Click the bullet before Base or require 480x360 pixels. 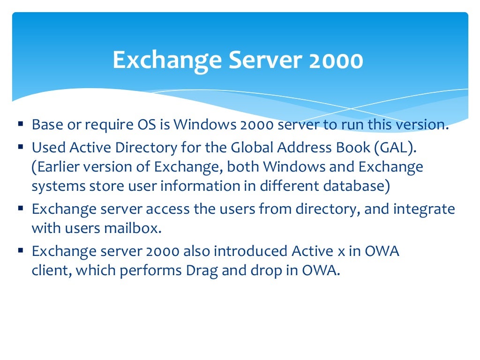[x=21, y=124]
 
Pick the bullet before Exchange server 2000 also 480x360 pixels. [x=21, y=250]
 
